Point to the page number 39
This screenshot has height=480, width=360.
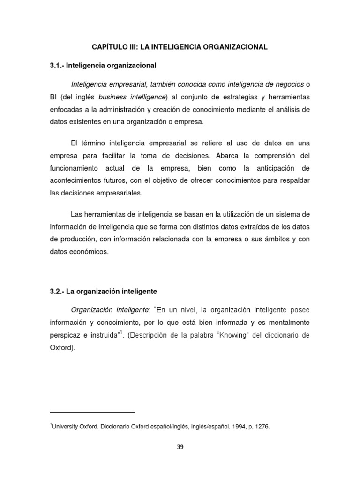(180, 447)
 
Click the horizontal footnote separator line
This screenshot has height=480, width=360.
(92, 412)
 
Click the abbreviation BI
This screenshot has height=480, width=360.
(54, 97)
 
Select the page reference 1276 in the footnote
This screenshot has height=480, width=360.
(262, 427)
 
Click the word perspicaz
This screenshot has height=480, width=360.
(64, 336)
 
